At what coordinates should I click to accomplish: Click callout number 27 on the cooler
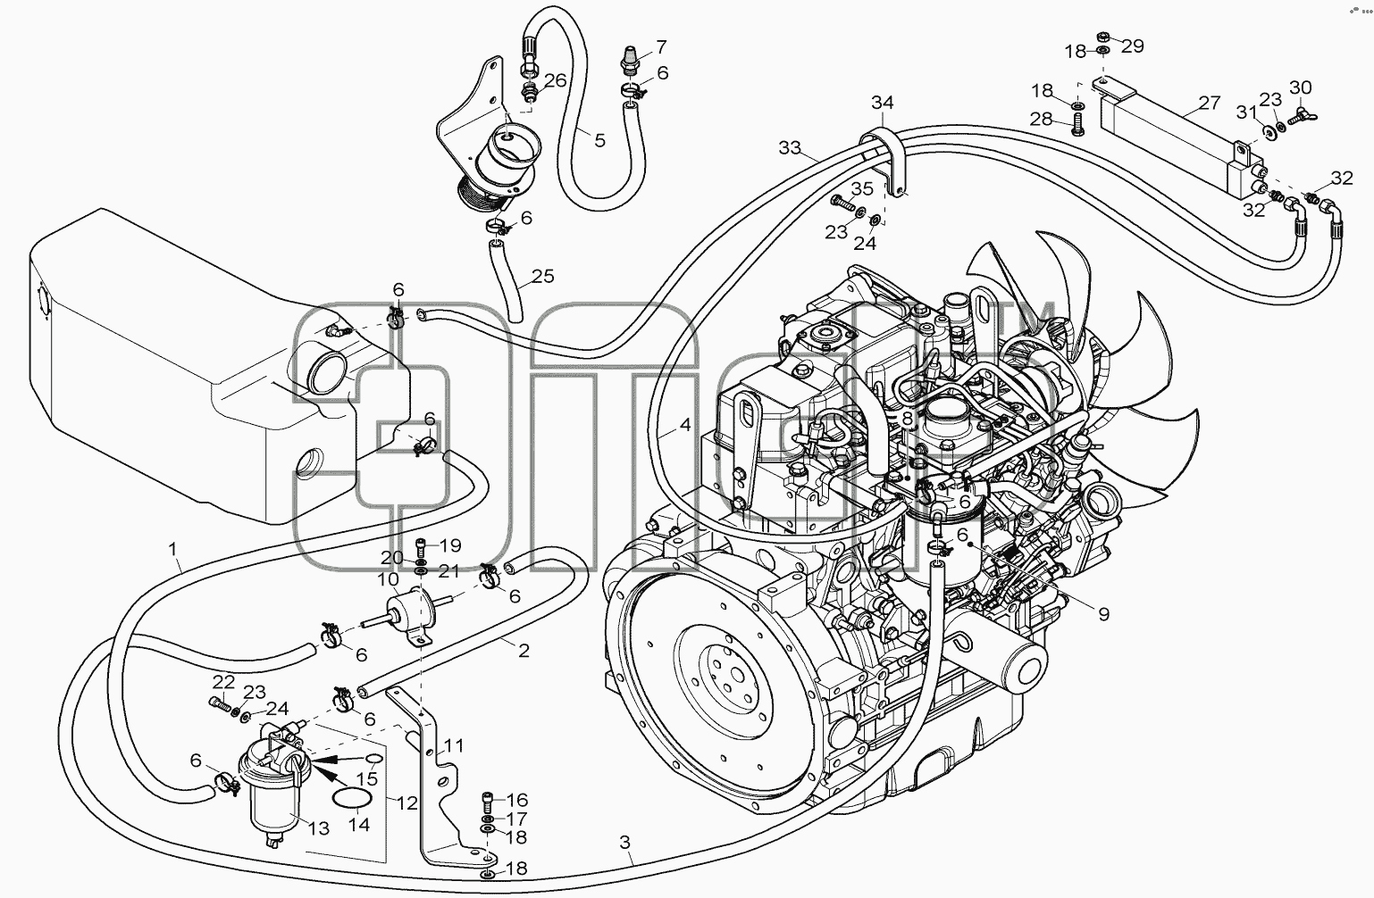[x=1209, y=103]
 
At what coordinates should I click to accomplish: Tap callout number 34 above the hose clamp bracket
[x=883, y=103]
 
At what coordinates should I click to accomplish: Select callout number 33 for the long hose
[x=790, y=147]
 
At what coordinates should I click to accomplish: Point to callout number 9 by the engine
[x=1104, y=614]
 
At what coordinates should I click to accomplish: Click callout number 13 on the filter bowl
[x=318, y=828]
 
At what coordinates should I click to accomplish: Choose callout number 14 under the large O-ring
[x=359, y=825]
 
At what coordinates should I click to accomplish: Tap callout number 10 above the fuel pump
[x=389, y=578]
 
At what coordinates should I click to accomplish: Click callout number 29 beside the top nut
[x=1133, y=46]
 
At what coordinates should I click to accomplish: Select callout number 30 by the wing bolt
[x=1301, y=87]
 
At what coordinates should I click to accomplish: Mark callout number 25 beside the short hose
[x=543, y=277]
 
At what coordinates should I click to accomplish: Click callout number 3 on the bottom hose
[x=624, y=843]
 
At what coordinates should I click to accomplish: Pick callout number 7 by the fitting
[x=660, y=47]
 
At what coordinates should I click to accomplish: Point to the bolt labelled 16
[x=488, y=801]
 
